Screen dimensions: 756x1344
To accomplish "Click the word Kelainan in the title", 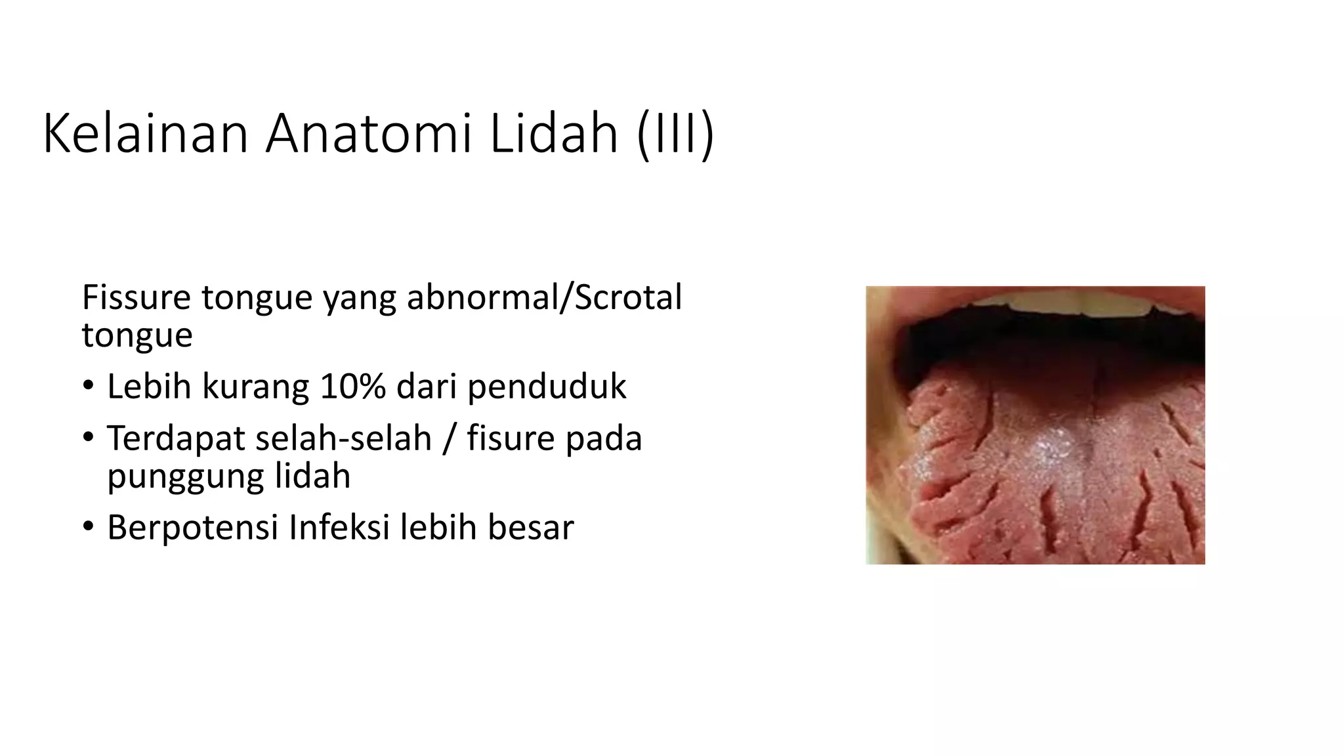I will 145,134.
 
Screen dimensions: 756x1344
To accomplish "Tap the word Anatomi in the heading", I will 368,134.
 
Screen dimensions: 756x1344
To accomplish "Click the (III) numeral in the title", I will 675,134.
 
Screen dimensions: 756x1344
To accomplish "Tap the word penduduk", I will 547,387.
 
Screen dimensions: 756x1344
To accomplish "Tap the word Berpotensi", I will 192,528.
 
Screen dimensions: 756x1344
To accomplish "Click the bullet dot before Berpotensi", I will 89,528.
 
